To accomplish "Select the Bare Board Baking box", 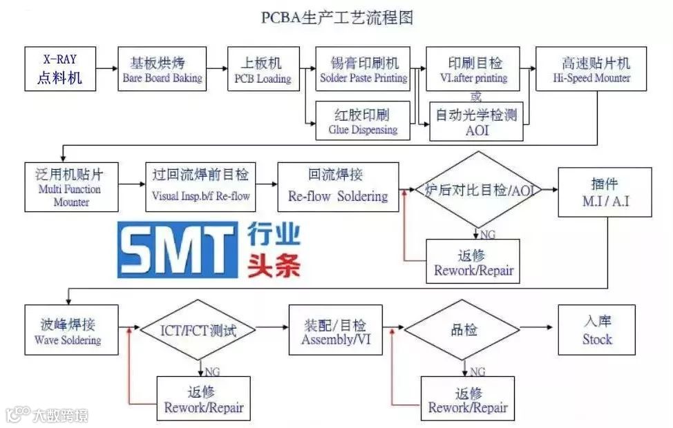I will [162, 69].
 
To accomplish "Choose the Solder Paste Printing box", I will [363, 69].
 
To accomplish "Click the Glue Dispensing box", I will [363, 121].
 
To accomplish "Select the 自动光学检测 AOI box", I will [476, 121].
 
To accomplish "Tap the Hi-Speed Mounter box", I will [591, 69].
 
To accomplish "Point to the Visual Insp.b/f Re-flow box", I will [201, 186].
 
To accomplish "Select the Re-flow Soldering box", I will [338, 187].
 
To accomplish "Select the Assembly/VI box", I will [335, 330].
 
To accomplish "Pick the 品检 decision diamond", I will [461, 330].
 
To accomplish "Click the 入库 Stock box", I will [597, 330].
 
